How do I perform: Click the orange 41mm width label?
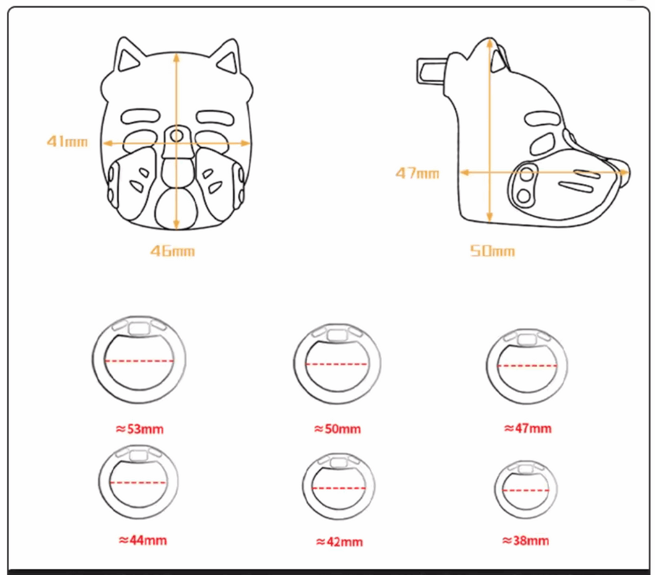click(x=67, y=141)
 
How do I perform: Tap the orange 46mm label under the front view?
click(x=173, y=251)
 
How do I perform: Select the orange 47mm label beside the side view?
click(x=417, y=172)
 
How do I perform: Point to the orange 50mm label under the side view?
click(x=493, y=251)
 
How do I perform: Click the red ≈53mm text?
click(x=139, y=429)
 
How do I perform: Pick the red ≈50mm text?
click(x=338, y=429)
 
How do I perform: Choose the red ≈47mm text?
click(x=528, y=429)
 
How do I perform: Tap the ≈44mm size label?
click(x=143, y=540)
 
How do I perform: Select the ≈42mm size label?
click(x=340, y=542)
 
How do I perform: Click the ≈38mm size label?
click(x=526, y=540)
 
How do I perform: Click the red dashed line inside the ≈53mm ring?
click(x=139, y=361)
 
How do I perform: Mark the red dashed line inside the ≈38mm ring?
click(x=526, y=490)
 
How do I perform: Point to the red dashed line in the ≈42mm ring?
click(x=339, y=487)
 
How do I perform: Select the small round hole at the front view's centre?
click(x=177, y=135)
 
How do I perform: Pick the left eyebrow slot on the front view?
click(x=141, y=116)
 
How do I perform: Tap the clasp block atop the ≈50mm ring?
click(x=338, y=335)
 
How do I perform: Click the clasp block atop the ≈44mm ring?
click(x=138, y=455)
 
